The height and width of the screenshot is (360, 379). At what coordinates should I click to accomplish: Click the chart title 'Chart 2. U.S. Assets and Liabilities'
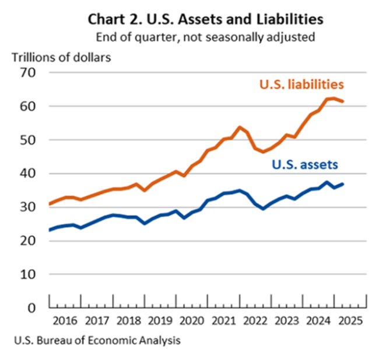[x=205, y=19]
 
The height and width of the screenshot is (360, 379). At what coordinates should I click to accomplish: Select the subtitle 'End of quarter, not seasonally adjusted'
[x=205, y=38]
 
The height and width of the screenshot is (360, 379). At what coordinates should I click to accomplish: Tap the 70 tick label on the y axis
[x=27, y=73]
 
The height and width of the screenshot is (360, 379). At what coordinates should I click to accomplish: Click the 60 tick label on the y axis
[x=27, y=107]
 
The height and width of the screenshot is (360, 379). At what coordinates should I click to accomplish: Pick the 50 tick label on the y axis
[x=27, y=140]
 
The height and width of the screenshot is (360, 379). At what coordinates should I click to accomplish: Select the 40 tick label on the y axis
[x=27, y=174]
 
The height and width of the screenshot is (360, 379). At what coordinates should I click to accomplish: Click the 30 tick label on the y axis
[x=27, y=207]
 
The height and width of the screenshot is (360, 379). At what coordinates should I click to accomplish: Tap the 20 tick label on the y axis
[x=27, y=241]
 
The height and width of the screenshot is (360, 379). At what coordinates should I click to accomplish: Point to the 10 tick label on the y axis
[x=27, y=274]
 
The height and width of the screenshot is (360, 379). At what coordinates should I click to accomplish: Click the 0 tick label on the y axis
[x=32, y=308]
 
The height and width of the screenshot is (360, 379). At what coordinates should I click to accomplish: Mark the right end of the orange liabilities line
[x=343, y=101]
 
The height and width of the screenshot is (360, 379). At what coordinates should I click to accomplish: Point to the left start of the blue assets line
[x=49, y=230]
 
